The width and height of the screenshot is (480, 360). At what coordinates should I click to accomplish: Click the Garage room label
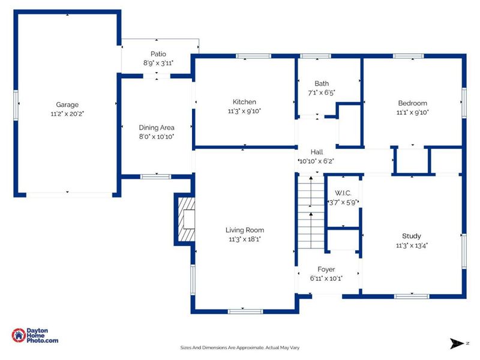coord(67,104)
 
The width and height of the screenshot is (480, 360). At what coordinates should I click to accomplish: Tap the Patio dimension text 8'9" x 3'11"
coord(158,63)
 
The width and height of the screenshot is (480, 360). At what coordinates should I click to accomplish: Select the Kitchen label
coord(244,102)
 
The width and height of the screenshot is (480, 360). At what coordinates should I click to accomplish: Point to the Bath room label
coord(322,83)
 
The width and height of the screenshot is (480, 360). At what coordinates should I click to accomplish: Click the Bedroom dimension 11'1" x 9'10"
coord(412,112)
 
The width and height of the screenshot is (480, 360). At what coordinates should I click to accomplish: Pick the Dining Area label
coord(157,128)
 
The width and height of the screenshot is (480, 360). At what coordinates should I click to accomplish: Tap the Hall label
coord(317,152)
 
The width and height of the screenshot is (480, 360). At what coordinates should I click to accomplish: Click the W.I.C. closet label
coord(343,193)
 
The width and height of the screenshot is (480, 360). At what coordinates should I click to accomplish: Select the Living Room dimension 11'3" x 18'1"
coord(245,239)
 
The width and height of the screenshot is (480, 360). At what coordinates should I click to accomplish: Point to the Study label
coord(412,236)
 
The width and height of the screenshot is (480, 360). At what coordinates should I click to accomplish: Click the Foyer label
coord(326,269)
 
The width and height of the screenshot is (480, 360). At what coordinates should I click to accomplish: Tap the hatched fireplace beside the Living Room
coord(187,219)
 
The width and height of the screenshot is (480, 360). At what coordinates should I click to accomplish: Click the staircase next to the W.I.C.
coord(311,212)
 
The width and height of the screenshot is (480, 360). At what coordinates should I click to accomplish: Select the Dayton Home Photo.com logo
coord(35,335)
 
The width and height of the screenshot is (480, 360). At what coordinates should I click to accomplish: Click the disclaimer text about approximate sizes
coord(239,347)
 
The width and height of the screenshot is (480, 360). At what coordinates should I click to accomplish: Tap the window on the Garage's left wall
coord(16,106)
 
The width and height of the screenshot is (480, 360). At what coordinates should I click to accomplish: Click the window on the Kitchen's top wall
coord(253,56)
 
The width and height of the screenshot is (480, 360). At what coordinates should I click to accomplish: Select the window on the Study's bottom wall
coord(412,296)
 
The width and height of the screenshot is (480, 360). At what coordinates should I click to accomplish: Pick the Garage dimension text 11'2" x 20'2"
coord(67,114)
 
